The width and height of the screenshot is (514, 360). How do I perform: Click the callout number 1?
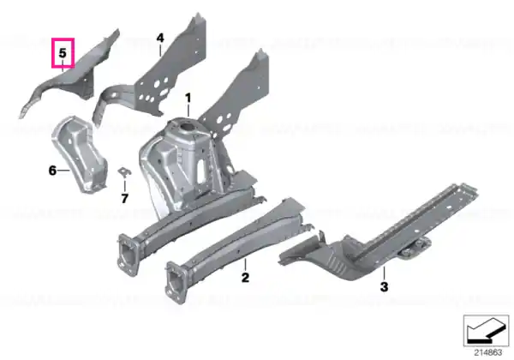188,98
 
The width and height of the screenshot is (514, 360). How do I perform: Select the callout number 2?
245,278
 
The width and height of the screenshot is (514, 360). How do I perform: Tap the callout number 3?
384,287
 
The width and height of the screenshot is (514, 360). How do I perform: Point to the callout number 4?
160,38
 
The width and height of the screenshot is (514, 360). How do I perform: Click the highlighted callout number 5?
63,52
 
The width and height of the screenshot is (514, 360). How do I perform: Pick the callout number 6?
52,171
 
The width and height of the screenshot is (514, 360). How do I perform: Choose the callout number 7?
124,198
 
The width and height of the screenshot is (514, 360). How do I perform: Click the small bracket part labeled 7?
124,172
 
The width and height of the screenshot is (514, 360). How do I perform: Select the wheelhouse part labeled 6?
81,154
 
